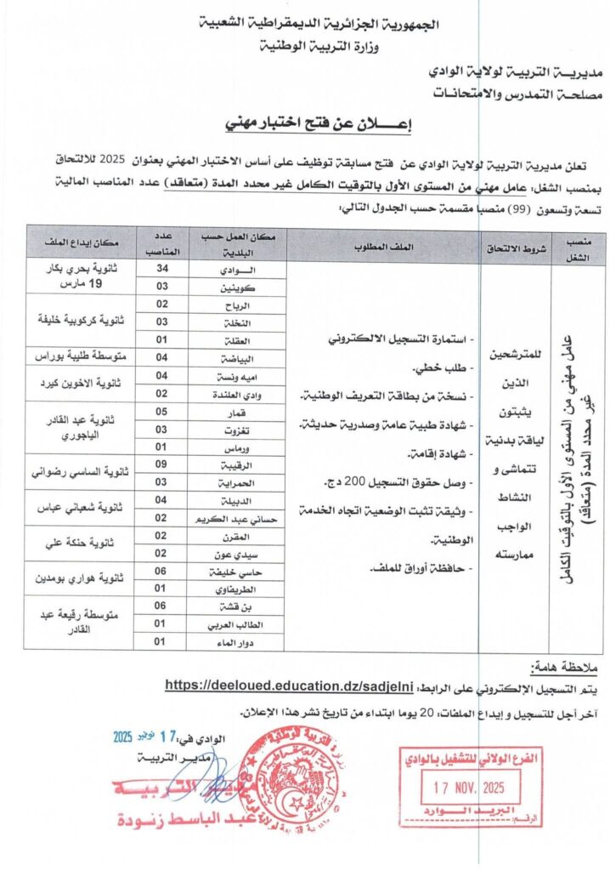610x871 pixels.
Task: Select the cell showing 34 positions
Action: [162, 270]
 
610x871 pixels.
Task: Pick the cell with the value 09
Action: [162, 465]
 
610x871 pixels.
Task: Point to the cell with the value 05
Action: [162, 411]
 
